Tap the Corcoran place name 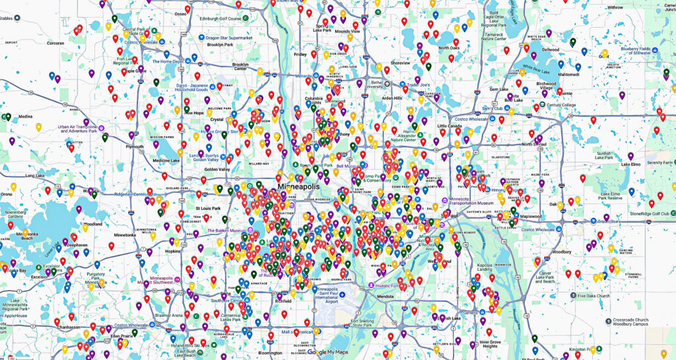(55, 43)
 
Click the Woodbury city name (561, 252)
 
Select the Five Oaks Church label (594, 296)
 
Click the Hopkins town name (172, 252)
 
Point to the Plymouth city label (134, 147)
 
